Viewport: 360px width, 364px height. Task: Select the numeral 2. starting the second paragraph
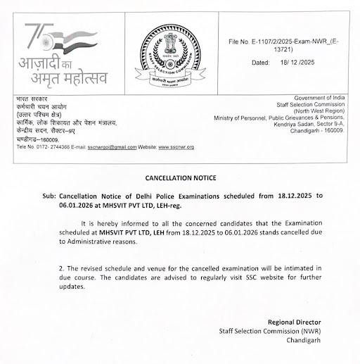pyautogui.click(x=63, y=269)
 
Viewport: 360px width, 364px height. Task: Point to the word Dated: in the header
pyautogui.click(x=261, y=63)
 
